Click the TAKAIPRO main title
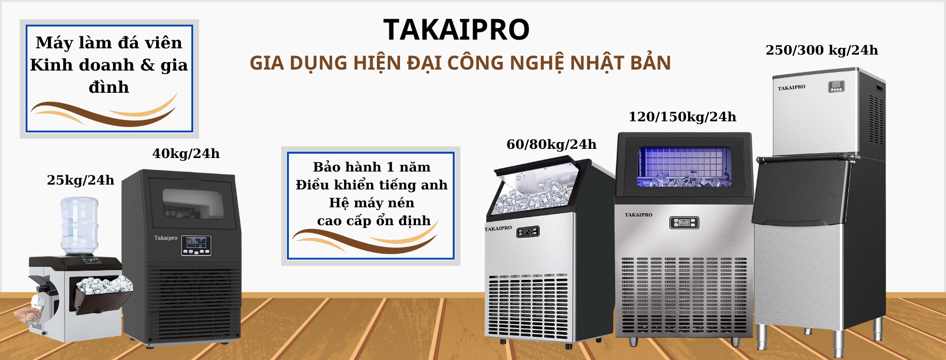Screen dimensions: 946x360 click(x=457, y=29)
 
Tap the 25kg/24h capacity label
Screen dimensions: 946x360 click(x=81, y=180)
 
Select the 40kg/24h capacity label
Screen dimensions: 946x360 click(x=186, y=154)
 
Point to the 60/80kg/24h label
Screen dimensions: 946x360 click(x=551, y=144)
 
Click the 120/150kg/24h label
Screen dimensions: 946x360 click(x=682, y=117)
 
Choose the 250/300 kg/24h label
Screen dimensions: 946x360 click(x=822, y=50)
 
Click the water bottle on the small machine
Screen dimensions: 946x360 click(x=79, y=226)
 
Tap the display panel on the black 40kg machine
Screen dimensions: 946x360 click(x=196, y=245)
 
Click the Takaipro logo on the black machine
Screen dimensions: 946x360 click(x=166, y=238)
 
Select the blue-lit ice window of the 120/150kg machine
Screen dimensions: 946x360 click(x=684, y=167)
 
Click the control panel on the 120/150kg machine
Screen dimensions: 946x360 click(x=684, y=223)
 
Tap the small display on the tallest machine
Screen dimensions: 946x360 click(x=836, y=87)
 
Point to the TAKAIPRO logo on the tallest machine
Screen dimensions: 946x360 click(x=791, y=87)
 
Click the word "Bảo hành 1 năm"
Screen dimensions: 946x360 click(x=372, y=167)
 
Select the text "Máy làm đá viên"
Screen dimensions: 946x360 click(x=109, y=43)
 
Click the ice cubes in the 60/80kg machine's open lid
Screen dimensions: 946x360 click(x=531, y=196)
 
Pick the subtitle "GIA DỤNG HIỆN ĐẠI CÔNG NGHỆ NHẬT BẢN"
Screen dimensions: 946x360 click(x=460, y=63)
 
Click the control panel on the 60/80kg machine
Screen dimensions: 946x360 click(x=528, y=232)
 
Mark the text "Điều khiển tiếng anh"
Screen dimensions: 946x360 click(x=372, y=185)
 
